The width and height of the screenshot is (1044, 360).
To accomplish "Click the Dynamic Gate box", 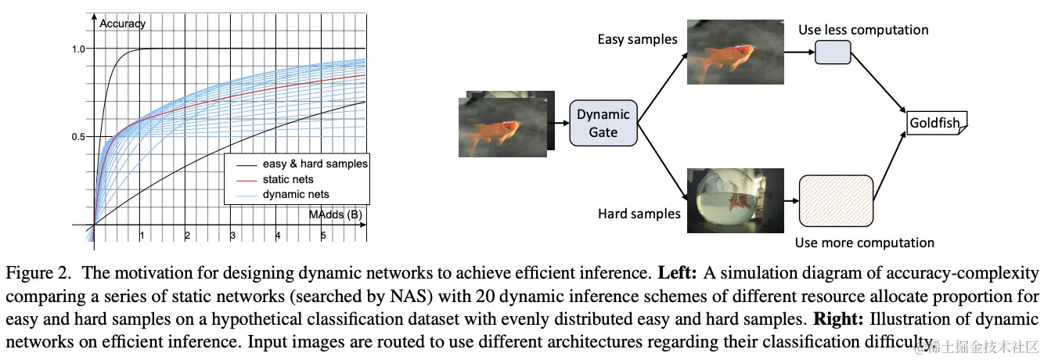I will (x=603, y=124).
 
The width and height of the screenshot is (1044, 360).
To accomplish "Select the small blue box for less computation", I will (x=833, y=52).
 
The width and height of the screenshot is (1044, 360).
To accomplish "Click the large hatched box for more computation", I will (x=836, y=199).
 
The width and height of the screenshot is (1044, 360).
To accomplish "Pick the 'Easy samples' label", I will (x=637, y=39).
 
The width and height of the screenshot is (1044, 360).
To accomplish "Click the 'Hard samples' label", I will (x=639, y=213).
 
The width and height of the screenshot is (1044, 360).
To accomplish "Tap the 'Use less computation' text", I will (x=863, y=30).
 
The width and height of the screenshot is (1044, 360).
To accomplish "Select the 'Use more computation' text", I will (x=864, y=243).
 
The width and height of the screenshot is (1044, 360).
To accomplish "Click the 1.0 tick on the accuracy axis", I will (x=77, y=49).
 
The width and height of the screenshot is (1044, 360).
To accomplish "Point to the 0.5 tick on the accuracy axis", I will (x=77, y=138).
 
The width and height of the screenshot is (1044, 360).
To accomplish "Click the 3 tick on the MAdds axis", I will (x=232, y=236).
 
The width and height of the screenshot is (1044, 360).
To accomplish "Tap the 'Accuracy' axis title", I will (x=122, y=23).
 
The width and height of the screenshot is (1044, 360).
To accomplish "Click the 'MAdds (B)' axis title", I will (x=334, y=214).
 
